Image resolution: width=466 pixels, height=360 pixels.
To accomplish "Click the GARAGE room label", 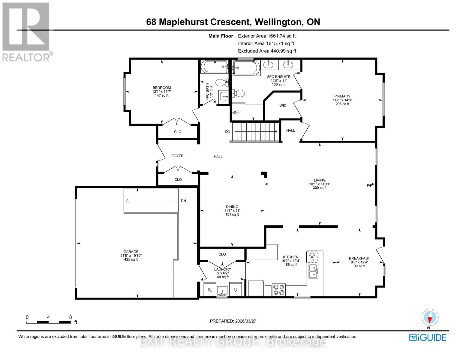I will (x=131, y=252).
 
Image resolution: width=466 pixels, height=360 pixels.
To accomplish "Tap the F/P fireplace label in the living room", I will (x=369, y=185).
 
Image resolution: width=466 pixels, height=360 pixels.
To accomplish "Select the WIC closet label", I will (x=283, y=106).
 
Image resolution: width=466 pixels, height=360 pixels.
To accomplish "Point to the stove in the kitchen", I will (x=278, y=290).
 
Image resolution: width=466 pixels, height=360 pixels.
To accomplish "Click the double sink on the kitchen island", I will (x=313, y=271).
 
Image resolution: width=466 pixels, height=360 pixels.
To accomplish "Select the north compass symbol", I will (x=430, y=317).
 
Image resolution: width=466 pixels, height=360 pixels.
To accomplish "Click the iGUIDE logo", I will (x=428, y=337).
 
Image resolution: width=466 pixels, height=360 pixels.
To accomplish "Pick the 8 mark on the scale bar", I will (x=71, y=317).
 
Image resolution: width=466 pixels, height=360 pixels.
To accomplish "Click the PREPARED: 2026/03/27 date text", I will (x=233, y=321).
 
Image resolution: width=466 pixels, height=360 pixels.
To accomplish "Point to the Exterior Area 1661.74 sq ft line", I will (x=266, y=36).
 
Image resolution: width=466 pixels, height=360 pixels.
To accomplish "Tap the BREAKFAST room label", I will (x=359, y=258).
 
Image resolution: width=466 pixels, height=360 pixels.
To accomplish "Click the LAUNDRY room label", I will (x=223, y=269).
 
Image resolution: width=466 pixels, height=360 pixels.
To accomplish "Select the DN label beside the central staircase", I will (x=228, y=131).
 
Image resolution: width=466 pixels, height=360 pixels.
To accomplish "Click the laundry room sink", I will (x=222, y=290).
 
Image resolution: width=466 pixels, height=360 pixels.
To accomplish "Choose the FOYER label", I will (x=177, y=156).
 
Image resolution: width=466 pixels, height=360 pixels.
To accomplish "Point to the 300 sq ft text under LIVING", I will (x=320, y=188).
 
